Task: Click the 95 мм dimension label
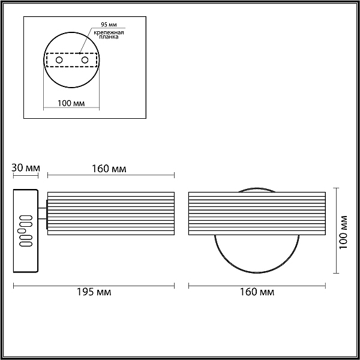pyautogui.click(x=109, y=25)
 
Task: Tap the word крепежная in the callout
pyautogui.click(x=109, y=32)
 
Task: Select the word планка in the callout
pyautogui.click(x=109, y=37)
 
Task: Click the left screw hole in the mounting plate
pyautogui.click(x=59, y=60)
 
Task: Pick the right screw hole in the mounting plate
pyautogui.click(x=85, y=60)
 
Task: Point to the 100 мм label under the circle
pyautogui.click(x=71, y=103)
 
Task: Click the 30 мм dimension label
pyautogui.click(x=25, y=168)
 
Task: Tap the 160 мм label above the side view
pyautogui.click(x=109, y=169)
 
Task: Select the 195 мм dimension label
pyautogui.click(x=94, y=292)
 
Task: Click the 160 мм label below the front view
pyautogui.click(x=257, y=292)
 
